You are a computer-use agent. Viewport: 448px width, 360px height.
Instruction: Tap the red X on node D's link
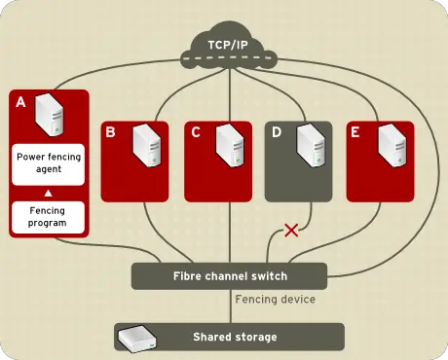click(289, 231)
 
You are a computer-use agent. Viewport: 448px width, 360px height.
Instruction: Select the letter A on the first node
click(21, 100)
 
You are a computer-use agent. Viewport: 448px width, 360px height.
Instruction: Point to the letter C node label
click(195, 132)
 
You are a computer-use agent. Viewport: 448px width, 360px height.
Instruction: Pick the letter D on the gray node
click(276, 132)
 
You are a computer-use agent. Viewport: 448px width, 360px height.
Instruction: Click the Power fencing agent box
click(48, 161)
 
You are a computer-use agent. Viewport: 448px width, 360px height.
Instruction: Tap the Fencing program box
click(48, 216)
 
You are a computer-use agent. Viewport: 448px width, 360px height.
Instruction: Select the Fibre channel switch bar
click(229, 275)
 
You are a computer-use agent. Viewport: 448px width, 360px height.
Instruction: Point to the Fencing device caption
click(277, 300)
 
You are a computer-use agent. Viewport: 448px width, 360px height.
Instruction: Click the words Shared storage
click(235, 337)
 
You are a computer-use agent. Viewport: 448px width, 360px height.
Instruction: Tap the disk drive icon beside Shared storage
click(132, 338)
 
